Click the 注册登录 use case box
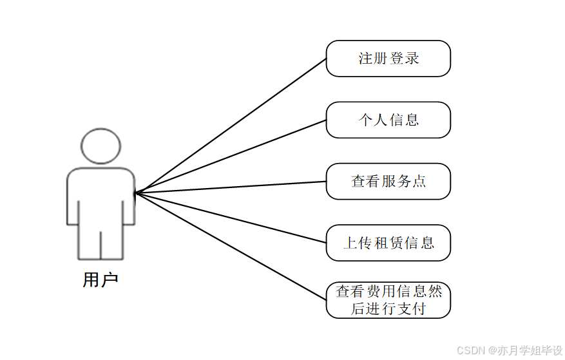(x=388, y=59)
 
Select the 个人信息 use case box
(x=388, y=120)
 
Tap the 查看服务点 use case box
(x=388, y=182)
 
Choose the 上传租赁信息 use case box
(x=388, y=243)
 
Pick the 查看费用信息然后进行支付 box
(x=388, y=300)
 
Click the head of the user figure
(x=101, y=147)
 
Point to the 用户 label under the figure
(x=101, y=280)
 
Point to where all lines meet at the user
(x=136, y=192)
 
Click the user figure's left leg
(x=89, y=242)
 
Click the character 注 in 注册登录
(x=366, y=59)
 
